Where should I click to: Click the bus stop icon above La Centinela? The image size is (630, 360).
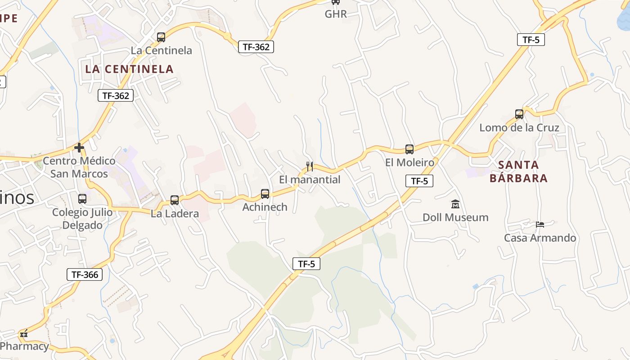161,37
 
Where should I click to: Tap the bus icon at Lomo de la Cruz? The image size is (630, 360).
519,114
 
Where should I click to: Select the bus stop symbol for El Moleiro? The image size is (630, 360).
409,149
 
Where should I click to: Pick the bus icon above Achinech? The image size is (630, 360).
265,194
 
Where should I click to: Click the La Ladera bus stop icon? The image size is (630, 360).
175,200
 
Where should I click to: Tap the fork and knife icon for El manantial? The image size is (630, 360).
310,166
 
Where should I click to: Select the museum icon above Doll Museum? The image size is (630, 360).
455,204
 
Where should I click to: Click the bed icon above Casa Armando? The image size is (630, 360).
540,225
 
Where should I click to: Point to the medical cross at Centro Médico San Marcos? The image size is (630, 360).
79,148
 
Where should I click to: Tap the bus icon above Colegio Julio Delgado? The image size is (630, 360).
82,199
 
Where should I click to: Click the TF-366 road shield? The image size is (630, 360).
85,274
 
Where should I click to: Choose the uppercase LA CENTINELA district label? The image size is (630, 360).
129,69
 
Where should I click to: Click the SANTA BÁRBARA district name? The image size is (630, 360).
518,171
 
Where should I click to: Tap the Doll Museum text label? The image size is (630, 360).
455,217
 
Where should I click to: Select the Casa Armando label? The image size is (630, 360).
540,238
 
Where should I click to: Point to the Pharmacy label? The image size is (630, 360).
24,346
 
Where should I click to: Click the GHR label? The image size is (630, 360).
336,14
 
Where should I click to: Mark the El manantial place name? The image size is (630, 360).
310,180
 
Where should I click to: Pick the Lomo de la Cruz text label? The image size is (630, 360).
519,127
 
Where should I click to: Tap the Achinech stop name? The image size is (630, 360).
265,207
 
